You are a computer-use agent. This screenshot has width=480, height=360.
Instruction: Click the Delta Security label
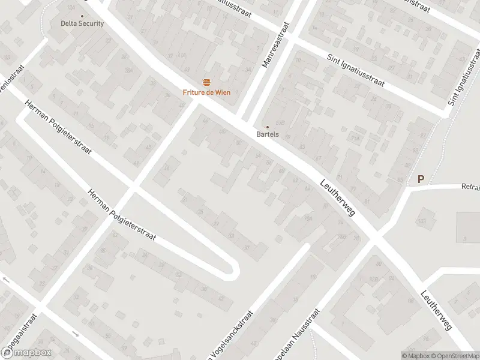pyautogui.click(x=82, y=24)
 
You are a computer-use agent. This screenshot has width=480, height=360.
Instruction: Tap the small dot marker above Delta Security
pyautogui.click(x=82, y=16)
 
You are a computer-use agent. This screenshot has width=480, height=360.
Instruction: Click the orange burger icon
pyautogui.click(x=206, y=82)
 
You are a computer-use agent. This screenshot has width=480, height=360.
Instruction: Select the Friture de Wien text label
pyautogui.click(x=206, y=92)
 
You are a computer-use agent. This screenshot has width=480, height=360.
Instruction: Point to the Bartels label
pyautogui.click(x=268, y=134)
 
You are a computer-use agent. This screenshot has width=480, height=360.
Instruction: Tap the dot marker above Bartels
pyautogui.click(x=268, y=127)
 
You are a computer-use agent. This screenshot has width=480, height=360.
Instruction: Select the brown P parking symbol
pyautogui.click(x=421, y=179)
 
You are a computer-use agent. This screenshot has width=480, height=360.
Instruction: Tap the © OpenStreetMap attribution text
pyautogui.click(x=454, y=355)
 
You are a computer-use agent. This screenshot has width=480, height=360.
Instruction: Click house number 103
pyautogui.click(x=422, y=221)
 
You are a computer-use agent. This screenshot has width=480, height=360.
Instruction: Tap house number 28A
pyautogui.click(x=127, y=71)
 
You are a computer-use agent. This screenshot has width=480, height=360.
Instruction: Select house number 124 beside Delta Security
pyautogui.click(x=71, y=7)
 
